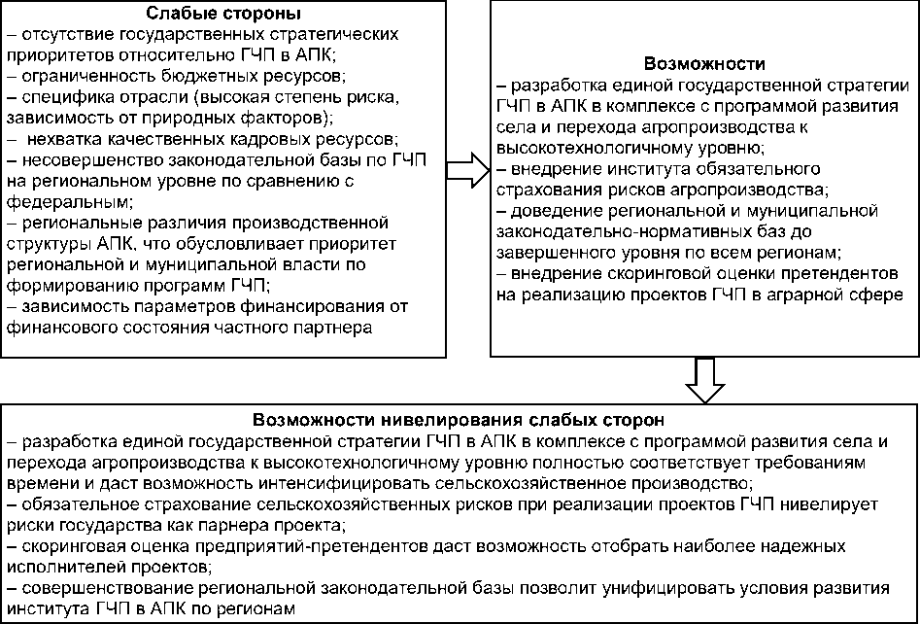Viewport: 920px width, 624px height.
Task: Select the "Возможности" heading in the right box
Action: [x=701, y=65]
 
